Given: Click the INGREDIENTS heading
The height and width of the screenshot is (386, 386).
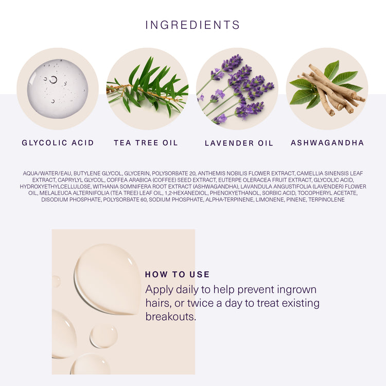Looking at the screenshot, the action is tap(192, 25).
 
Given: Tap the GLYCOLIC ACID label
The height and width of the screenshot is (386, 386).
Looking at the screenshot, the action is tap(58, 143).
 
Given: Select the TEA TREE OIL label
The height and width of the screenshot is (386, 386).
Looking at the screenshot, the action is tap(146, 143).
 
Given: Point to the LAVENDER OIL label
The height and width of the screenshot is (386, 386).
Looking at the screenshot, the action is tap(239, 143).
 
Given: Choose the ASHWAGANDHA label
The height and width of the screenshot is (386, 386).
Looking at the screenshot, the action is tap(327, 143).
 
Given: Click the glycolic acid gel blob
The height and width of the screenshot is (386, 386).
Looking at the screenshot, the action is tap(58, 89).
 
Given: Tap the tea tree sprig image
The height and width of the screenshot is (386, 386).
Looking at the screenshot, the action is tap(147, 87).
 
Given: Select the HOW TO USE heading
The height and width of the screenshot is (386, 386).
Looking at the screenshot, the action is tap(177, 274).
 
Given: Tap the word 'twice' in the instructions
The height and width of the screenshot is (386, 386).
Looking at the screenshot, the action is tap(200, 303).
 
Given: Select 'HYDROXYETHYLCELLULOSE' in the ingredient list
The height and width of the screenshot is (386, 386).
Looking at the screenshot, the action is tap(55, 187).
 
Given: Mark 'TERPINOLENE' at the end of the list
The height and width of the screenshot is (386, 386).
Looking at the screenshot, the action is tap(326, 200).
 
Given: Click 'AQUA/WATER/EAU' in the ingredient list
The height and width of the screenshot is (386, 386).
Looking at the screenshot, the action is tap(47, 173).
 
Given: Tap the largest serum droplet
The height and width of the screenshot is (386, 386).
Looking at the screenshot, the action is tap(108, 279).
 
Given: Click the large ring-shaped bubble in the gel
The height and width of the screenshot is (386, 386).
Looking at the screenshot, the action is tap(53, 79).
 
